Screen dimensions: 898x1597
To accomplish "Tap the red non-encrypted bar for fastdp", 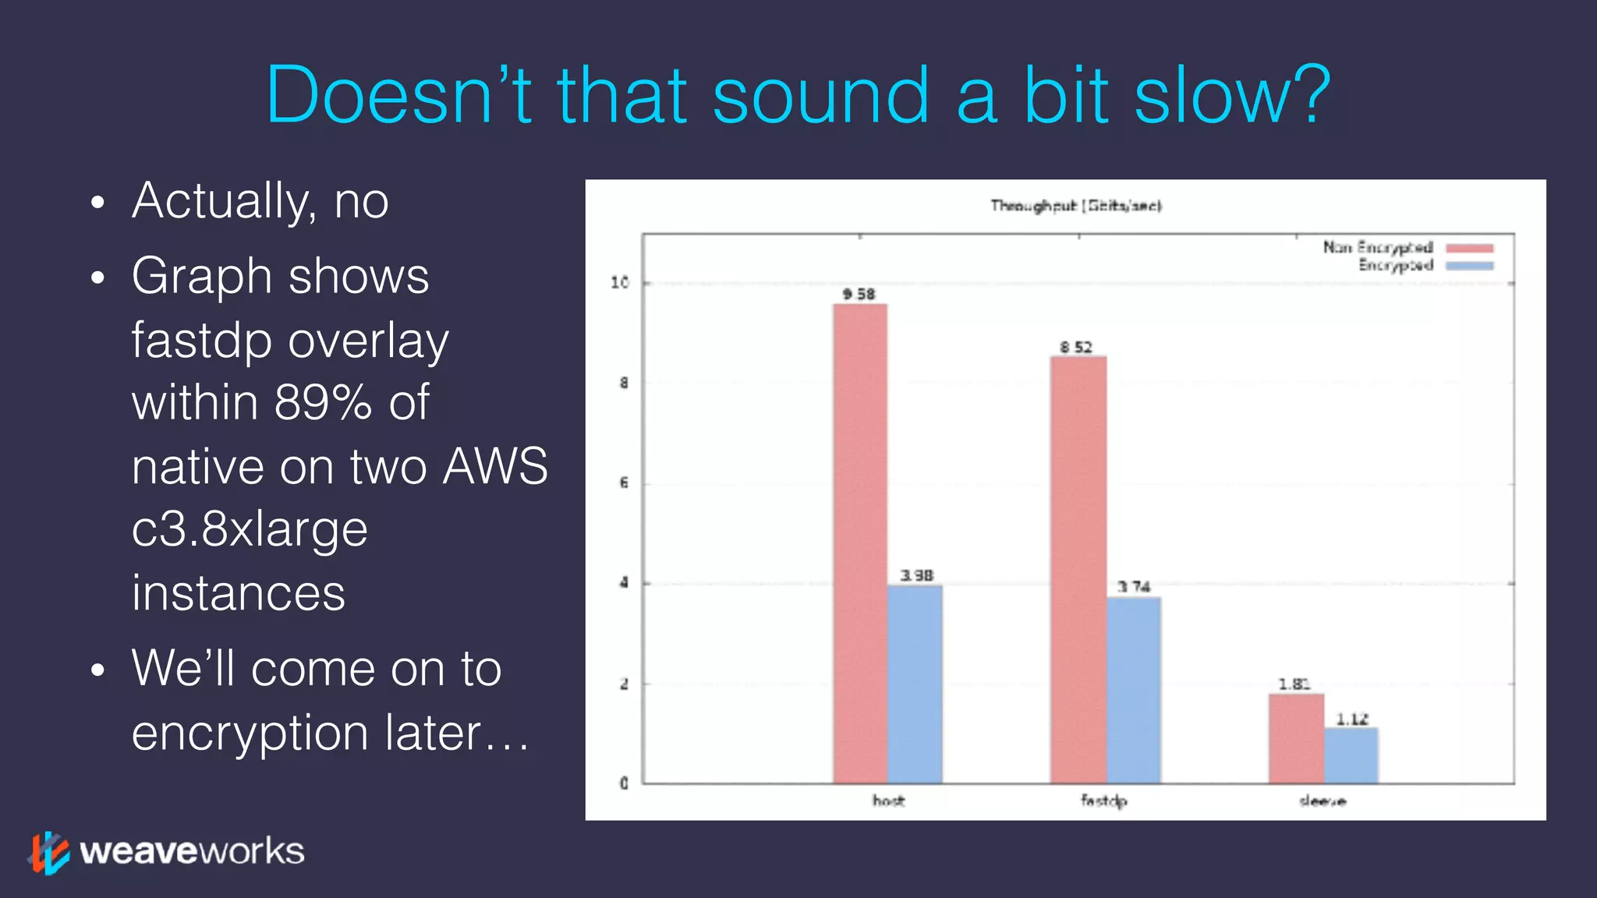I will [1078, 569].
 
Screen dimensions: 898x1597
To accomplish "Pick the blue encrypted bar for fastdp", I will [1133, 690].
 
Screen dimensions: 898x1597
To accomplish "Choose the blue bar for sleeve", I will [1351, 755].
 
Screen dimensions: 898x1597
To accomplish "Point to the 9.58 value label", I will [859, 294].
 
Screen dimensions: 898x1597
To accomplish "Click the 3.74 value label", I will [1134, 586].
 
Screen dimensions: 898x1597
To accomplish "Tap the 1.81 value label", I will [1294, 684].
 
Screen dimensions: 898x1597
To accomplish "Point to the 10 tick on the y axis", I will [620, 282].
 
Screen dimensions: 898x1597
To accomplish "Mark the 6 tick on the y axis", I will [623, 483].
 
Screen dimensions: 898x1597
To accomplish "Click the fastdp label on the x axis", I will [1103, 801].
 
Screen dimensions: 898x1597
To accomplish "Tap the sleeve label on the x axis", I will [1323, 801].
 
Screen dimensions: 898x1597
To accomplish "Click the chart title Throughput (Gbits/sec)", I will [1076, 206].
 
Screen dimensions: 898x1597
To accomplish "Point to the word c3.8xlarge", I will [250, 529].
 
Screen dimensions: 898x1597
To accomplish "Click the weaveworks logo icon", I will [48, 852].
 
